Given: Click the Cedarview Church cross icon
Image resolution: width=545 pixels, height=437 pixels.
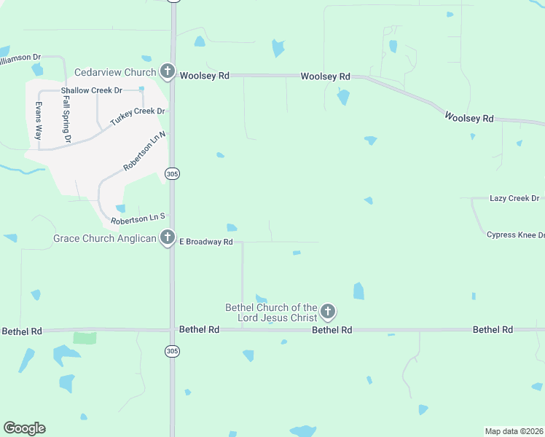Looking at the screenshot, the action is click(168, 71).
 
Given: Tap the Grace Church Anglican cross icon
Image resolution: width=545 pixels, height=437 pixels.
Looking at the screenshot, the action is click(168, 237).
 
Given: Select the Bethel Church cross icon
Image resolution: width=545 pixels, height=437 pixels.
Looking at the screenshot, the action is click(328, 312).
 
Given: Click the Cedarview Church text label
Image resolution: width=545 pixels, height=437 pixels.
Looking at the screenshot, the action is click(115, 72).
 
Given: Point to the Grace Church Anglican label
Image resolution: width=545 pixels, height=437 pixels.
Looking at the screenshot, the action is click(105, 238).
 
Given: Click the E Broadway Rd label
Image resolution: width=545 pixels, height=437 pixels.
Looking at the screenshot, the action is click(206, 242).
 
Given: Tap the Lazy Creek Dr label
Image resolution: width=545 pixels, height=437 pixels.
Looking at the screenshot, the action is click(514, 198).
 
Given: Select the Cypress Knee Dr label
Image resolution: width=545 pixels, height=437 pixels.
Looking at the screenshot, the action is click(516, 235).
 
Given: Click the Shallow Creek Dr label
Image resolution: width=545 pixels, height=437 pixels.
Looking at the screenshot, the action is click(91, 90).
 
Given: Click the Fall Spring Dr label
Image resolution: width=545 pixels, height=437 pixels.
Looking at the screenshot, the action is click(66, 118).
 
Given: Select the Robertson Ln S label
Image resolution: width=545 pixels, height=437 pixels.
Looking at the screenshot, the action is click(138, 218).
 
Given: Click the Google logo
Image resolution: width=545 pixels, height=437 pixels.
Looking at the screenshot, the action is click(24, 428).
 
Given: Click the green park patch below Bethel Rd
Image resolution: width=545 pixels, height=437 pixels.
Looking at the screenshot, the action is click(85, 337).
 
